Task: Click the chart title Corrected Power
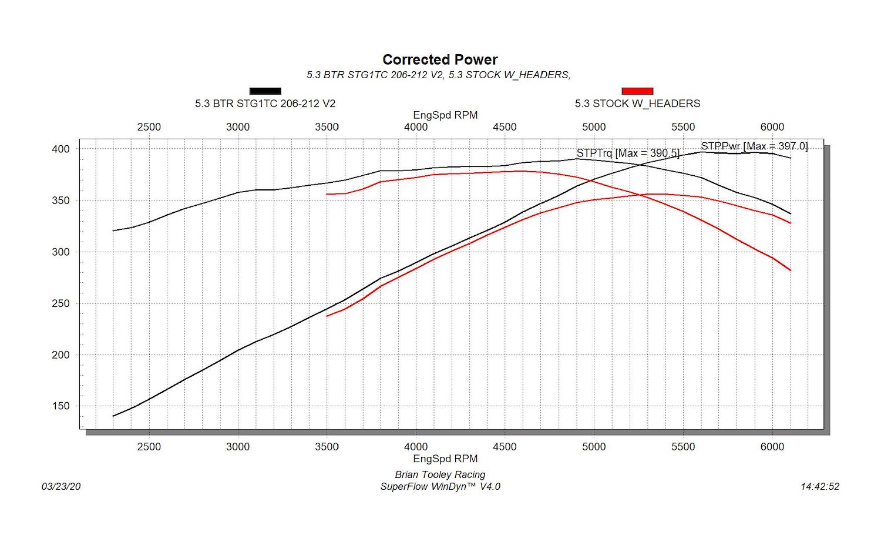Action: [440, 60]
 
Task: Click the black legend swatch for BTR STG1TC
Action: [265, 91]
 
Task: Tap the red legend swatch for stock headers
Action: [637, 91]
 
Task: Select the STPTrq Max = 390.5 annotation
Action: [628, 153]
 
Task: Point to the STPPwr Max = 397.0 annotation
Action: [754, 146]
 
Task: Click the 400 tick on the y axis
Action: [60, 149]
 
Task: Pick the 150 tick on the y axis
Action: [60, 406]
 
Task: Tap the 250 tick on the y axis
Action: [60, 303]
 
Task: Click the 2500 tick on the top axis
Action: [149, 127]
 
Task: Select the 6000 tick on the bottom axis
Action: [772, 447]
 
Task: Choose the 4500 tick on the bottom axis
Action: [505, 447]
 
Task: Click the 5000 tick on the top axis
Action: [594, 127]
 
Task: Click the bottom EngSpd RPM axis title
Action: [445, 459]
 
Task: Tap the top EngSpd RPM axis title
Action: [445, 115]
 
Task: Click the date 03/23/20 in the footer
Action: [61, 487]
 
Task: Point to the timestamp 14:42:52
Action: [820, 487]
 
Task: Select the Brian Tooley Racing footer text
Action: [440, 475]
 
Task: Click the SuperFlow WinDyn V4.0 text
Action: [440, 487]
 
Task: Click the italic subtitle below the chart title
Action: [439, 75]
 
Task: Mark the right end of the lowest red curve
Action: [791, 270]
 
